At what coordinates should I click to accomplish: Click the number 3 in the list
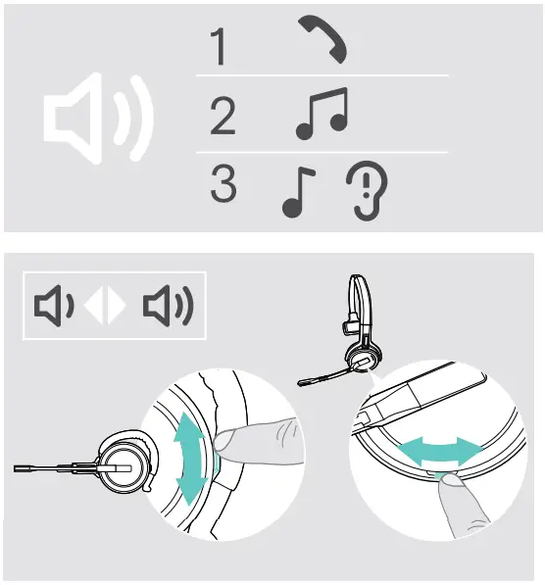(x=223, y=184)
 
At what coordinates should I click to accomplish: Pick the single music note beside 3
(x=293, y=190)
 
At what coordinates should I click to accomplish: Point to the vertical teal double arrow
(x=191, y=457)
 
